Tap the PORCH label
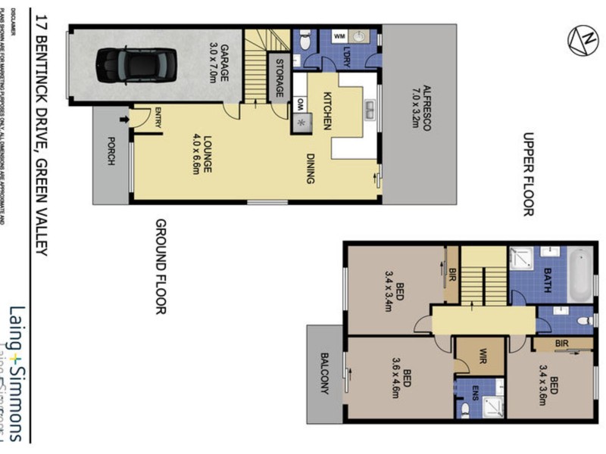pos(111,151)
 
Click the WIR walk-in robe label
pos(481,356)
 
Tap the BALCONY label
pos(325,373)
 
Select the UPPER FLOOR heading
pos(528,175)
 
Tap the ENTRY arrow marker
pos(123,119)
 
